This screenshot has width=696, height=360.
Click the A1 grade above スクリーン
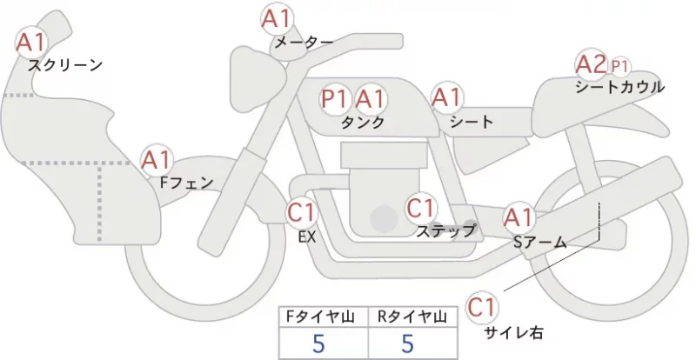point(31,43)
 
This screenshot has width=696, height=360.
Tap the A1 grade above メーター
point(277,19)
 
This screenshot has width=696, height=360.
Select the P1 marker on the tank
point(334,99)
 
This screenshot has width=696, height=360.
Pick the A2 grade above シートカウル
point(591,64)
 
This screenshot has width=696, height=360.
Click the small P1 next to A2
point(619,67)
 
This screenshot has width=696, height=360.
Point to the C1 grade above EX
point(301,211)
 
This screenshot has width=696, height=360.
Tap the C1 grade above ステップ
point(421,208)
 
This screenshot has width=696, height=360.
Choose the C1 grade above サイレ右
point(482,307)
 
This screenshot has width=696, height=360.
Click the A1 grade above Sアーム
point(519,217)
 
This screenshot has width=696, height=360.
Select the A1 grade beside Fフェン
point(156,160)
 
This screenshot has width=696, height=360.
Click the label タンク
point(363,122)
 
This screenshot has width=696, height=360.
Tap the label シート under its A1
point(472,121)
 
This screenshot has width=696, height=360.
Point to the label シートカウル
point(619,87)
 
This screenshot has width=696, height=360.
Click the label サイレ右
point(513,332)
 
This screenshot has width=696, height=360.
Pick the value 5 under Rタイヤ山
point(407,343)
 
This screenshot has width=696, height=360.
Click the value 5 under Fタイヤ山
point(318,343)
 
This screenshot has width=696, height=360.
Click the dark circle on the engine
point(385,219)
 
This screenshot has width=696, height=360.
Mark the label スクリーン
point(65,66)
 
